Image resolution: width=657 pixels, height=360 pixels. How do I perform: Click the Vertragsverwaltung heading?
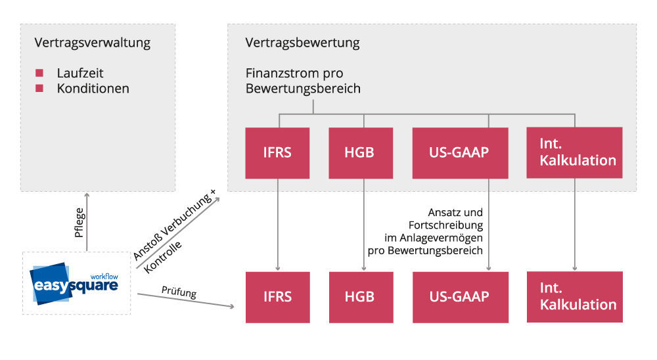pos(92,43)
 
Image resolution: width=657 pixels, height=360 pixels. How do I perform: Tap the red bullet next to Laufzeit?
pos(39,73)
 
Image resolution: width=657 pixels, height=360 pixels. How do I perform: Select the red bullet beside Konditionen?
pos(39,88)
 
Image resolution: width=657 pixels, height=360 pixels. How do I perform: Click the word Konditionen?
pos(93,88)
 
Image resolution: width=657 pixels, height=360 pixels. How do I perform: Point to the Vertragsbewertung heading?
pos(302,43)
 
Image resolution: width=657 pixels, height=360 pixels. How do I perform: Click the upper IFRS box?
pos(277,152)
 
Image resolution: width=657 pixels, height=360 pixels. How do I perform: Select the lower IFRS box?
pos(277,296)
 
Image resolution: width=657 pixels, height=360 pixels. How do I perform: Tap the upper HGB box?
pos(361,152)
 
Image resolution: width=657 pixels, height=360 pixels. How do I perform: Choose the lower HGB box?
pos(361,296)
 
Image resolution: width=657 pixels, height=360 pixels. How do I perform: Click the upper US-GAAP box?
pos(460,152)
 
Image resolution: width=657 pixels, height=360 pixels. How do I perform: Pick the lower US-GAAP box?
pos(460,296)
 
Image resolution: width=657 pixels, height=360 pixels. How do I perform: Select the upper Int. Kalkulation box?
pos(574,152)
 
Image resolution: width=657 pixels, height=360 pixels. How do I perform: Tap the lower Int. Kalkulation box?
pos(574,296)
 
